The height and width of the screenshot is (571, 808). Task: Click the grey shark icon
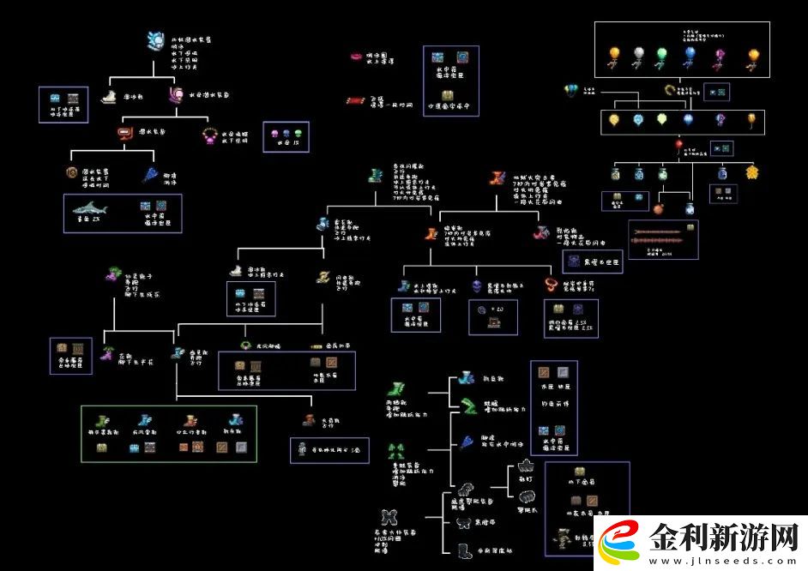point(87,208)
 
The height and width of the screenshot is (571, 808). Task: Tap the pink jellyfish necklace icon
point(208,134)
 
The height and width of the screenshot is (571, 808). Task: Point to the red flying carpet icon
point(354,101)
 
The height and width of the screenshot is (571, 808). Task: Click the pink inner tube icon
point(355,57)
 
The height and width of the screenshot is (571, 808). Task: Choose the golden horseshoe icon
point(670,89)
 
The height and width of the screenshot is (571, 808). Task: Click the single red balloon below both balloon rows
point(678,147)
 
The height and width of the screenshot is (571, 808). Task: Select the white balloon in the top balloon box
point(637,55)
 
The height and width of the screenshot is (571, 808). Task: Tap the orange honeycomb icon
point(752,172)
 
